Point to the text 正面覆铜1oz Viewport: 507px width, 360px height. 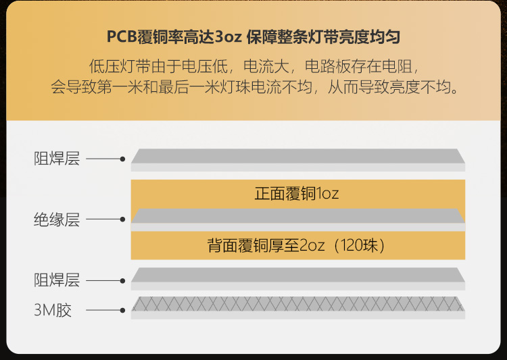[297, 195]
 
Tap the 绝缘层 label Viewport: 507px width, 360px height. [57, 220]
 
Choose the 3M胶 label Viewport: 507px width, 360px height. [53, 311]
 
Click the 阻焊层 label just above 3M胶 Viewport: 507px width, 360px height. [57, 280]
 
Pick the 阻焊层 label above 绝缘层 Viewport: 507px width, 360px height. [57, 159]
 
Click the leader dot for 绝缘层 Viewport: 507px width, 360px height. [122, 220]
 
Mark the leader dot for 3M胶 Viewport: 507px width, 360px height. [122, 311]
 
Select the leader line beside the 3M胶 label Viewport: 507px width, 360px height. [103, 311]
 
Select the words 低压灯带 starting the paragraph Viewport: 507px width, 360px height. [112, 67]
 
